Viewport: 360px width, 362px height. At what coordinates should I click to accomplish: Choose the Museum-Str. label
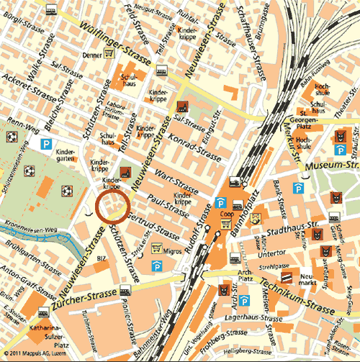328,168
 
